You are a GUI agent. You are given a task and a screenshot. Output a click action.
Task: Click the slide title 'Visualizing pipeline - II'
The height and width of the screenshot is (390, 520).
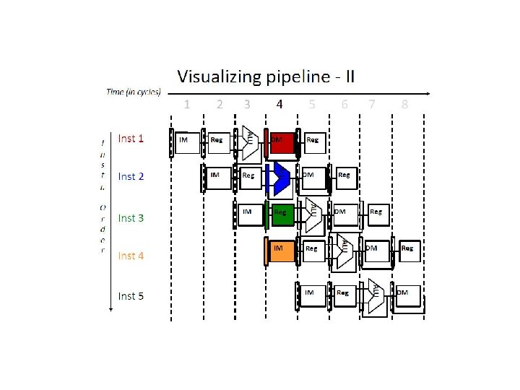pos(266,76)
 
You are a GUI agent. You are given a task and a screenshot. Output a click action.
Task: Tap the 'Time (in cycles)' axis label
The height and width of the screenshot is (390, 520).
pos(134,92)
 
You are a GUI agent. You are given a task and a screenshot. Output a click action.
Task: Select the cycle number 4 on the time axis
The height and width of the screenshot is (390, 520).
pos(279,104)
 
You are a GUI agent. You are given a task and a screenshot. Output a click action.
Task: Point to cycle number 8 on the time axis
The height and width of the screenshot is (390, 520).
pos(404,104)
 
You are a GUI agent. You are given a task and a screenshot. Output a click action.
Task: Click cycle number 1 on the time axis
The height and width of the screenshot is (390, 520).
pos(187,104)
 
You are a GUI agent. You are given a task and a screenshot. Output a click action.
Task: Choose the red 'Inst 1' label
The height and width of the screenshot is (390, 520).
pos(131,139)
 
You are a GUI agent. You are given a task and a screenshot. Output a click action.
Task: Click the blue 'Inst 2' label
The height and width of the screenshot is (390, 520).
pos(131,176)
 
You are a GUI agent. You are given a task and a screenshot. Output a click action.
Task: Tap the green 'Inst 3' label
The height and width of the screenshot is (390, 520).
pos(131,217)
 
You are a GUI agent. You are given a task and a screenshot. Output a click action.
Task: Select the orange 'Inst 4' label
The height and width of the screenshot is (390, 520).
pos(131,256)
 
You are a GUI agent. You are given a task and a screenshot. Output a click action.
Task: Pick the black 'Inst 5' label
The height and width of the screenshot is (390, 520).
pos(131,295)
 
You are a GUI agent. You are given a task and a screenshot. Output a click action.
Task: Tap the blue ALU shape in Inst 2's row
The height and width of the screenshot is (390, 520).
pos(280,178)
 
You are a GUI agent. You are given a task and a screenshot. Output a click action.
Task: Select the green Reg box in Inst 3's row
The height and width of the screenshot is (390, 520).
pos(282,214)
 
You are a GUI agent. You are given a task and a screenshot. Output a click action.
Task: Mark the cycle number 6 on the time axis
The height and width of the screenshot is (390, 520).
pos(344,104)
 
